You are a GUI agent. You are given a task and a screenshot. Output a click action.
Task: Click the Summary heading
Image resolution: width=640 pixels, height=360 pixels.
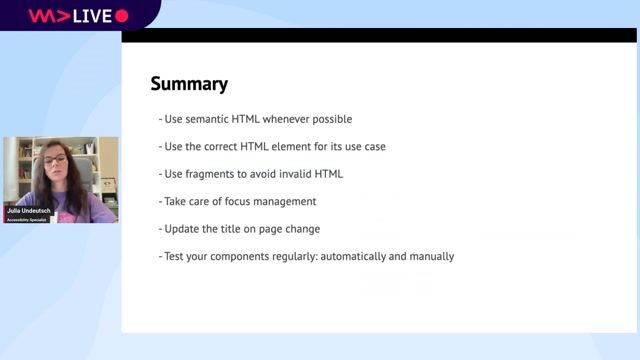pyautogui.click(x=189, y=84)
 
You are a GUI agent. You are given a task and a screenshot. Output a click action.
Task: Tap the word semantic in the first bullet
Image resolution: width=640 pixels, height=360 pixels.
pyautogui.click(x=210, y=119)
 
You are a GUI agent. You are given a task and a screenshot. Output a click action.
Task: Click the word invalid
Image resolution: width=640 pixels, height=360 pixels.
pyautogui.click(x=298, y=174)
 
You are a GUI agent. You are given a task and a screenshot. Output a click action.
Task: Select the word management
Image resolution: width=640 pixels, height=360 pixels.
pyautogui.click(x=286, y=201)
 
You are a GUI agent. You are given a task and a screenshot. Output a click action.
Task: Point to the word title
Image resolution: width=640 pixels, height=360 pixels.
pyautogui.click(x=237, y=229)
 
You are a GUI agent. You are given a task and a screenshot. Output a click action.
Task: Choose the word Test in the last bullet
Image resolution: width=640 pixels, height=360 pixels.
pyautogui.click(x=176, y=256)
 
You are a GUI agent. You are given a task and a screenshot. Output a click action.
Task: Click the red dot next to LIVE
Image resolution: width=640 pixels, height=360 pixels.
pyautogui.click(x=122, y=16)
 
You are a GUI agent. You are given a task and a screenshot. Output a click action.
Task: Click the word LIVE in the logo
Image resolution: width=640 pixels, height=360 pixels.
pyautogui.click(x=92, y=16)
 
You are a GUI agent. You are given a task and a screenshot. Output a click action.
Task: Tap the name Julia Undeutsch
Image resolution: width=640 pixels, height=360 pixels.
pyautogui.click(x=29, y=212)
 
